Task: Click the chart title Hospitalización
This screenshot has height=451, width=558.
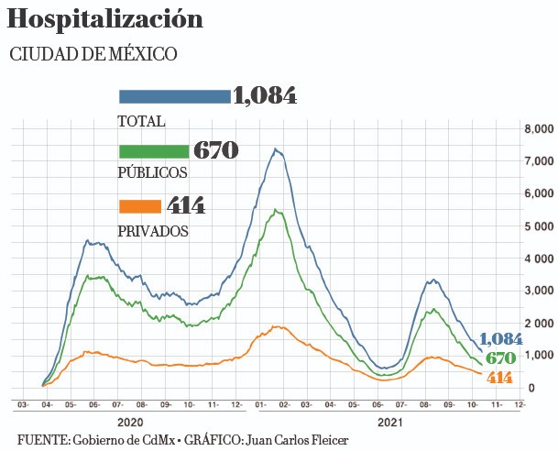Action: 104,18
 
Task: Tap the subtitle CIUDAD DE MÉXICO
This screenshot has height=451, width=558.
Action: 93,55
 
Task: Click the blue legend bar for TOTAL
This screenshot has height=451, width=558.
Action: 174,96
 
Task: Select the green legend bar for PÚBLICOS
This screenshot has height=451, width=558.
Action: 153,151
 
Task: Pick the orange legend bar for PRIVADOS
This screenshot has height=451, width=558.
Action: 139,205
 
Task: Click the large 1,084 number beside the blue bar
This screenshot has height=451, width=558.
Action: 265,96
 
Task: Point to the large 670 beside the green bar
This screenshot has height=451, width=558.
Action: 215,151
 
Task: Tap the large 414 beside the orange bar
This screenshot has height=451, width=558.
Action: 186,205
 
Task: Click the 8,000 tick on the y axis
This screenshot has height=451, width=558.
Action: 539,129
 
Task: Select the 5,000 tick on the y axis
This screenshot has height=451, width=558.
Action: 539,225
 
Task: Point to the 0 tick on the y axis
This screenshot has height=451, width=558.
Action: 531,387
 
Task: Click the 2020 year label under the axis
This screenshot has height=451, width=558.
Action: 130,423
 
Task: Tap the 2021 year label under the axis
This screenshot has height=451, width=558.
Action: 390,423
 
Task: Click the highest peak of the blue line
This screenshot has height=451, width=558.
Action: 275,148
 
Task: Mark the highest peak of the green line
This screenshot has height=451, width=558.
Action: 275,209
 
